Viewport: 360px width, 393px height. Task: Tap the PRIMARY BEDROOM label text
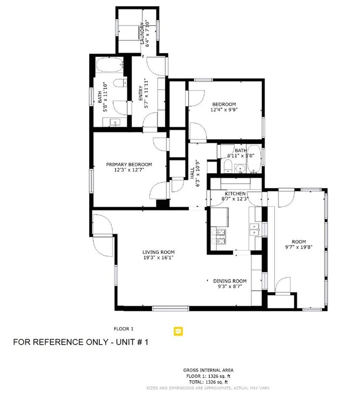coord(129,164)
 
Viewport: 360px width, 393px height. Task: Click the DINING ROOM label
coord(230,281)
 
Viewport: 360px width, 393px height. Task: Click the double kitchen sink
coord(255,228)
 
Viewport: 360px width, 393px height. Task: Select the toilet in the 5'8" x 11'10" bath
coord(118,83)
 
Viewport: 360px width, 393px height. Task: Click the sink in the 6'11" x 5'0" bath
coord(240,168)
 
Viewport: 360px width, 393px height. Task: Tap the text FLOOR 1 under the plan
coord(124,329)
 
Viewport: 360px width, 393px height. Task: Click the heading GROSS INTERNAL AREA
coord(208,370)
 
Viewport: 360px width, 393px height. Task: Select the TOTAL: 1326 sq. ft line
coord(208,382)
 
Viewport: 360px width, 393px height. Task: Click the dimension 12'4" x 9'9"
coord(224,110)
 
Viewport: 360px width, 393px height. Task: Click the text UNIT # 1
coord(130,343)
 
